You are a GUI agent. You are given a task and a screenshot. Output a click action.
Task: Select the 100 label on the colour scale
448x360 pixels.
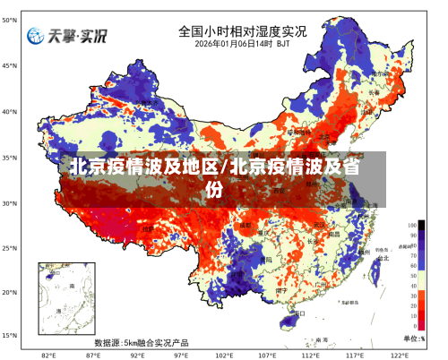[412, 225]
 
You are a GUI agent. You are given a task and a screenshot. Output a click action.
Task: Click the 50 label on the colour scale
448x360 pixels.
[412, 277]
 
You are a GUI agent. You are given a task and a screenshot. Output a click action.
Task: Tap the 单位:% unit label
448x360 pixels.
[414, 339]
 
